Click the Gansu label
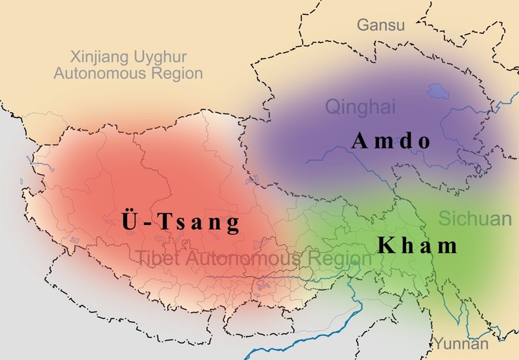[380, 25]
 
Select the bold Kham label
[418, 246]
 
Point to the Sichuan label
[475, 219]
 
